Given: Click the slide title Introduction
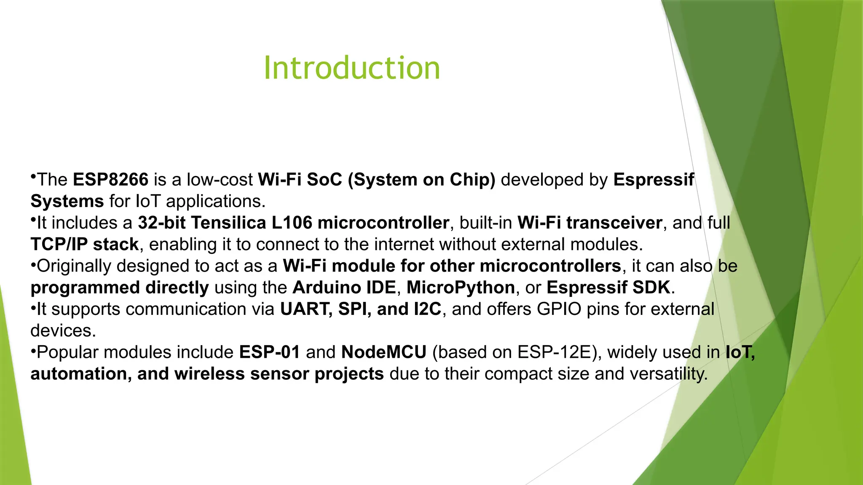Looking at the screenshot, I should [x=351, y=68].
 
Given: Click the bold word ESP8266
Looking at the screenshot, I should [x=110, y=180].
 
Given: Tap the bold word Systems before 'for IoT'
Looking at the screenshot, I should [x=67, y=201].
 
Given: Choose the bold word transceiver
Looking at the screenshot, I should [x=614, y=223].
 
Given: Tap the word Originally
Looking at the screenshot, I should [x=74, y=266].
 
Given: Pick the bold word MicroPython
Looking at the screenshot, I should [x=461, y=288].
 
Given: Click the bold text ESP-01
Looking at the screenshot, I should [x=270, y=352].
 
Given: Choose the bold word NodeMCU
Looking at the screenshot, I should [x=384, y=352].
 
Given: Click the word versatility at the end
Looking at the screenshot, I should [x=667, y=374].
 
